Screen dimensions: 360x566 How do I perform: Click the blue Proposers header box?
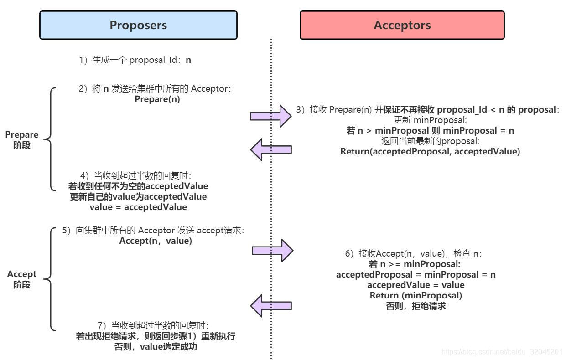click(138, 25)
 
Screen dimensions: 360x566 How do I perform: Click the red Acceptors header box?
click(402, 25)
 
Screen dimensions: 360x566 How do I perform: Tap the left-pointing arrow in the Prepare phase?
click(271, 149)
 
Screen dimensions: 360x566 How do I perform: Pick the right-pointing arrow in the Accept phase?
click(272, 250)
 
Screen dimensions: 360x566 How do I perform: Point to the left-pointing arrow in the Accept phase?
click(271, 305)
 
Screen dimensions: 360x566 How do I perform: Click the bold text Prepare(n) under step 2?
click(157, 99)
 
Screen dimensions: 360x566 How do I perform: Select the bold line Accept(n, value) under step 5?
click(156, 241)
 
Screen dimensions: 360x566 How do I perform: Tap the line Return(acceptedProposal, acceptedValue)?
click(430, 151)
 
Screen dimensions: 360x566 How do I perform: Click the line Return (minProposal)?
click(415, 295)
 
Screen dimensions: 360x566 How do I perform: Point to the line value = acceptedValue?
click(138, 207)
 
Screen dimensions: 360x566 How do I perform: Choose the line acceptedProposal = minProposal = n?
click(415, 274)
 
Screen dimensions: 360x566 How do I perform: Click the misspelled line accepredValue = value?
click(415, 285)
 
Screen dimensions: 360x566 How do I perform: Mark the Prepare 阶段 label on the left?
click(22, 140)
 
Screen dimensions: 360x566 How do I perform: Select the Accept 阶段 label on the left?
click(22, 279)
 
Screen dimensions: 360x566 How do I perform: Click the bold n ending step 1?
click(188, 60)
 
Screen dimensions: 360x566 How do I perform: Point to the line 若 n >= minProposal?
click(415, 264)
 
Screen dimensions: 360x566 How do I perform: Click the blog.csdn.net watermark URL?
click(502, 351)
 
